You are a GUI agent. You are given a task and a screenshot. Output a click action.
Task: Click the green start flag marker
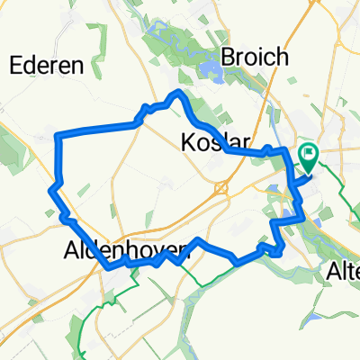coord(308,159)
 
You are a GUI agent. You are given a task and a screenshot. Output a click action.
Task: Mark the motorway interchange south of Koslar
coord(220,187)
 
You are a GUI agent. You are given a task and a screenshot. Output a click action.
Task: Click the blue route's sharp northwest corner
coord(58,136)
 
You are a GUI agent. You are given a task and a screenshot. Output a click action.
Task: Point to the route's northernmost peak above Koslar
coord(180,93)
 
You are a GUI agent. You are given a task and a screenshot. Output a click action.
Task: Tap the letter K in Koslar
coord(188,141)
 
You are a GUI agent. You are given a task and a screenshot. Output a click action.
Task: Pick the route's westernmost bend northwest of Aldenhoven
coord(50,191)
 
